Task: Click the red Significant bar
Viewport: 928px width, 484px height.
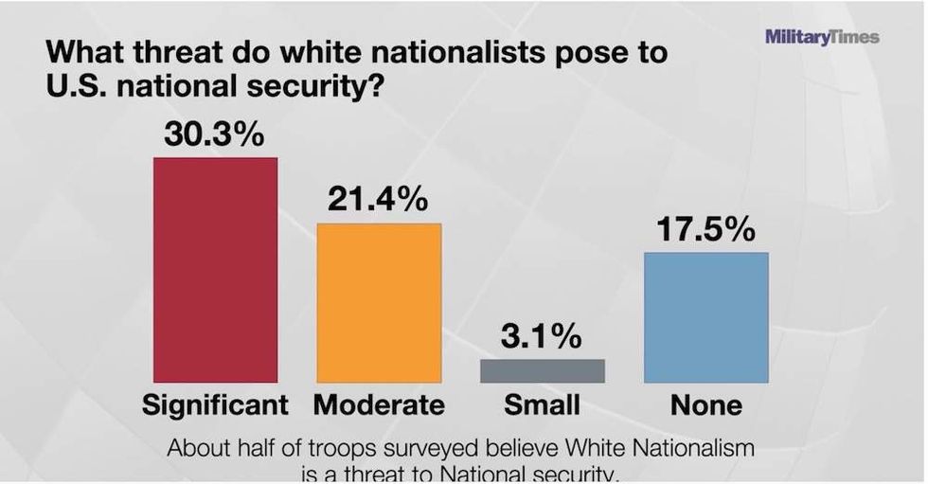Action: click(216, 270)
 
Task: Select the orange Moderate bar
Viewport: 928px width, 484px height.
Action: click(379, 303)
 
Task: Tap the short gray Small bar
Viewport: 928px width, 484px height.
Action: click(542, 370)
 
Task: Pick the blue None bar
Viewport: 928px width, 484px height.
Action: click(705, 317)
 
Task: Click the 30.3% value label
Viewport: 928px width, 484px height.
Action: click(214, 134)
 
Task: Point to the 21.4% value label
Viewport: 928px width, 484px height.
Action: click(378, 201)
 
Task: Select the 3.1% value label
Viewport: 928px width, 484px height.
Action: click(542, 336)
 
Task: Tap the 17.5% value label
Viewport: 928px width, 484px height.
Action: click(706, 230)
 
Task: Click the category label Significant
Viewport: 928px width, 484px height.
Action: click(215, 406)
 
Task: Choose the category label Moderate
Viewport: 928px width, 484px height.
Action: click(379, 406)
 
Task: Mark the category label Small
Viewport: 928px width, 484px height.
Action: click(542, 406)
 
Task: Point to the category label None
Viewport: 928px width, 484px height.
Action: click(706, 406)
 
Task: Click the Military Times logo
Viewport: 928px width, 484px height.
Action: click(822, 37)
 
